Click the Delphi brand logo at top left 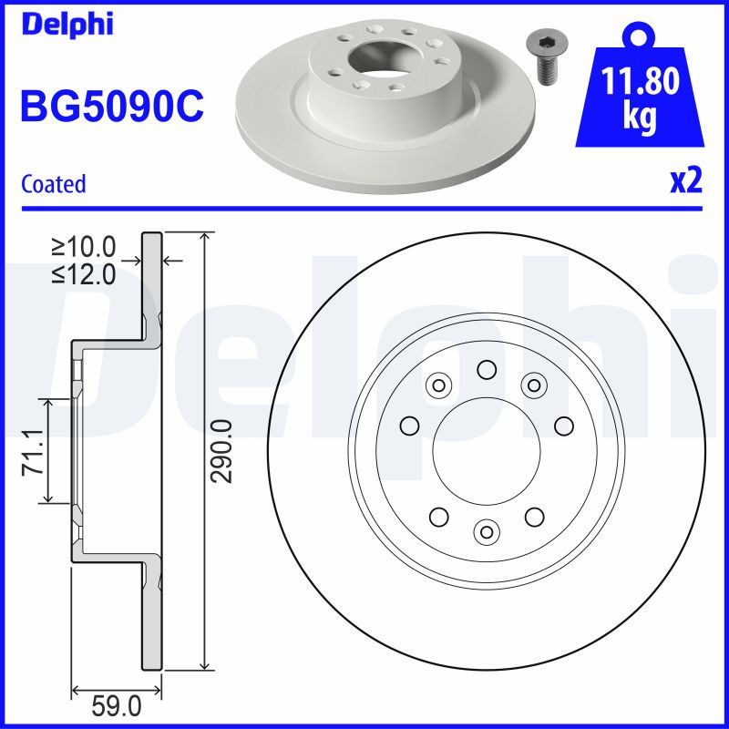(x=66, y=25)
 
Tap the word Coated (x=53, y=184)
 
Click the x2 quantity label (x=685, y=180)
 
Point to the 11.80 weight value (x=642, y=82)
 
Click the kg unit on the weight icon (x=641, y=118)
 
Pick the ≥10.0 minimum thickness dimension (x=84, y=247)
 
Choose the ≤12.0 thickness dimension (x=84, y=273)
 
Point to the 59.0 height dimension (x=118, y=705)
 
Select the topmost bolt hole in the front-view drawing (x=486, y=369)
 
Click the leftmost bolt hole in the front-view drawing (x=409, y=425)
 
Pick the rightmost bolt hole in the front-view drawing (x=562, y=425)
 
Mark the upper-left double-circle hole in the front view (x=439, y=385)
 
